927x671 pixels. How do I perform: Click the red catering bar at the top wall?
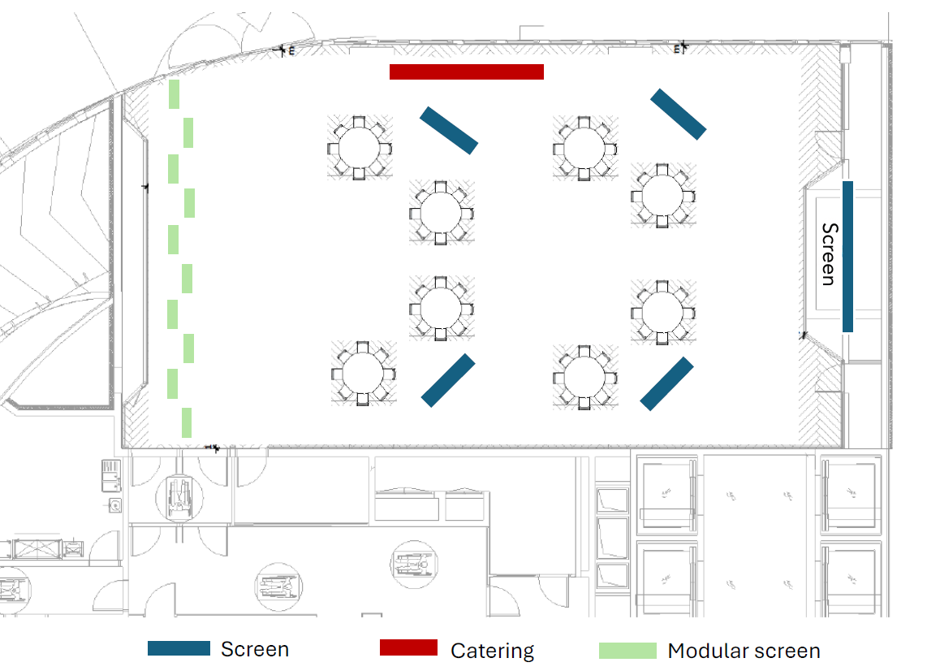pyautogui.click(x=467, y=71)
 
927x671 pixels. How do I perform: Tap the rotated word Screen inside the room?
pyautogui.click(x=828, y=254)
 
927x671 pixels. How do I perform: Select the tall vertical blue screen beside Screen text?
pyautogui.click(x=847, y=256)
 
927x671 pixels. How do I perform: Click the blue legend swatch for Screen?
pyautogui.click(x=179, y=648)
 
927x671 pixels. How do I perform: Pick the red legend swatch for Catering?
pyautogui.click(x=408, y=647)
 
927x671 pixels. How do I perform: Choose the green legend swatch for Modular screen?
pyautogui.click(x=627, y=651)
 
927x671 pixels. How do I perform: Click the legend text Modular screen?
pyautogui.click(x=744, y=651)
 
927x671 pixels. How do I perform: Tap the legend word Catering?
pyautogui.click(x=492, y=651)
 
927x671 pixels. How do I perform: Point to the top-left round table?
pyautogui.click(x=360, y=148)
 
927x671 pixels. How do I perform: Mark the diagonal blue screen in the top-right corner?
pyautogui.click(x=678, y=113)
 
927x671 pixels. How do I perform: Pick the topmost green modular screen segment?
pyautogui.click(x=174, y=94)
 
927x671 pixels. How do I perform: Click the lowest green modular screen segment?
pyautogui.click(x=187, y=422)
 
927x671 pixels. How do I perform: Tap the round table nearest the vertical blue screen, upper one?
pyautogui.click(x=662, y=195)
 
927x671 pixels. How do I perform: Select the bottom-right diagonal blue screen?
pyautogui.click(x=666, y=383)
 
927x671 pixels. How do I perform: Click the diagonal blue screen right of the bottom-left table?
pyautogui.click(x=448, y=380)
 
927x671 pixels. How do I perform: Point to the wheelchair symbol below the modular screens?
pyautogui.click(x=178, y=496)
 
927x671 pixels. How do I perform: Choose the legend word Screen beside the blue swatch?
pyautogui.click(x=254, y=649)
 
